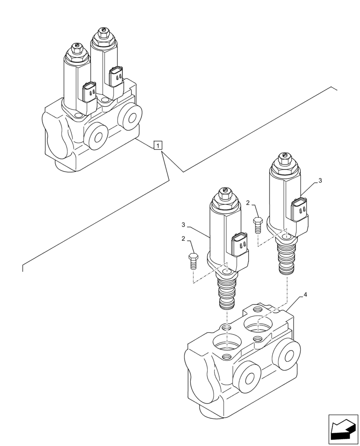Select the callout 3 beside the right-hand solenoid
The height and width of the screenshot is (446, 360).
319,181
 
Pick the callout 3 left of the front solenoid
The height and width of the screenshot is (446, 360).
183,224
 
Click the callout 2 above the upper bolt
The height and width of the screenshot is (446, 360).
248,203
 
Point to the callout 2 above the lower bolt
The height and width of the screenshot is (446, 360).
183,239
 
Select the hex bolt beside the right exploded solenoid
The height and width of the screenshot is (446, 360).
258,224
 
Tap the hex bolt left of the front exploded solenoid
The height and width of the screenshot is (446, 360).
193,260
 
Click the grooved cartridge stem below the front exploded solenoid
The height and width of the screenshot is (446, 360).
227,294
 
